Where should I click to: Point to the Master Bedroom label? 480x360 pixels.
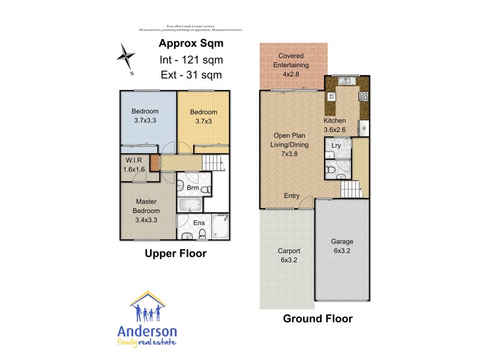click(146, 206)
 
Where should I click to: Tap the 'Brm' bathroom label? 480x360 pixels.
click(193, 188)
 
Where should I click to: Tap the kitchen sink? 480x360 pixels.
click(345, 82)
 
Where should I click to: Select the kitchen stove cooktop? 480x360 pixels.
click(363, 95)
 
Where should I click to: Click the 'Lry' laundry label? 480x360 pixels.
click(336, 145)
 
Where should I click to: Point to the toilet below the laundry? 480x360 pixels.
click(331, 171)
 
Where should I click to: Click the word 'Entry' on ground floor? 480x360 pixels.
click(292, 196)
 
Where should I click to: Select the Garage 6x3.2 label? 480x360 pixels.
click(342, 247)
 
